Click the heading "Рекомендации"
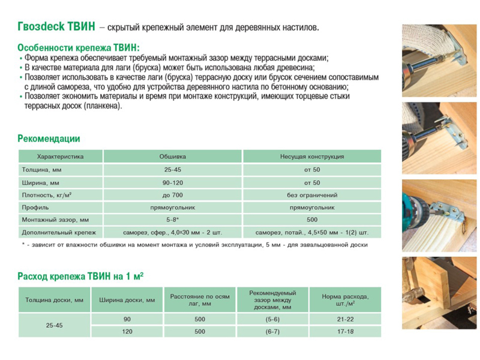coord(49,139)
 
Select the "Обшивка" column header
coord(172,157)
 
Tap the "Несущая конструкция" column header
coord(311,157)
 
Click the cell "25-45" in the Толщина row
coord(172,170)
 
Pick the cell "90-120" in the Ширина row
coord(172,182)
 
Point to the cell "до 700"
coord(172,195)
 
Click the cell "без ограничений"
coord(311,195)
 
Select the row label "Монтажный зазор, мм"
coord(55,220)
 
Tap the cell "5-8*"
coord(172,220)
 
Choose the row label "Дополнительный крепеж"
coord(58,232)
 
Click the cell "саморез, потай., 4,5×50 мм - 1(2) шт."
coord(311,232)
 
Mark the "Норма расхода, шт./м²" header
coord(345,300)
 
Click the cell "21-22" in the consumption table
coord(345,319)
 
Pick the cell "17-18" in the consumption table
coord(345,331)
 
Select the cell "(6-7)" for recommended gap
coord(273,331)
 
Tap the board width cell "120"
coord(127,331)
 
